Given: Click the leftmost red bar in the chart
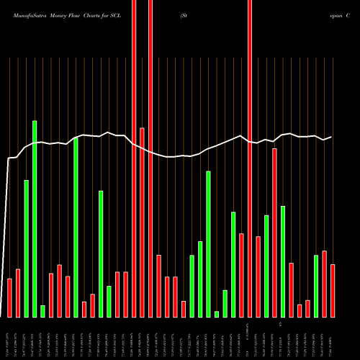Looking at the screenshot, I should tap(10, 297).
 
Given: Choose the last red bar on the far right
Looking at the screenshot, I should tap(333, 290).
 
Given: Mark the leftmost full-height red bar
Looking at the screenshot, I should tap(134, 158).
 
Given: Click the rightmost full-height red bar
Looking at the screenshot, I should tap(250, 158).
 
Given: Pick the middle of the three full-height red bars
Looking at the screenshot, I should tap(150, 158).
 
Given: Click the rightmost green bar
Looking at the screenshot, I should tap(316, 286).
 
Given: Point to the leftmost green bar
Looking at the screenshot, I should tap(27, 248).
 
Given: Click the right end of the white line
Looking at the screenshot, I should tap(331, 137).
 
